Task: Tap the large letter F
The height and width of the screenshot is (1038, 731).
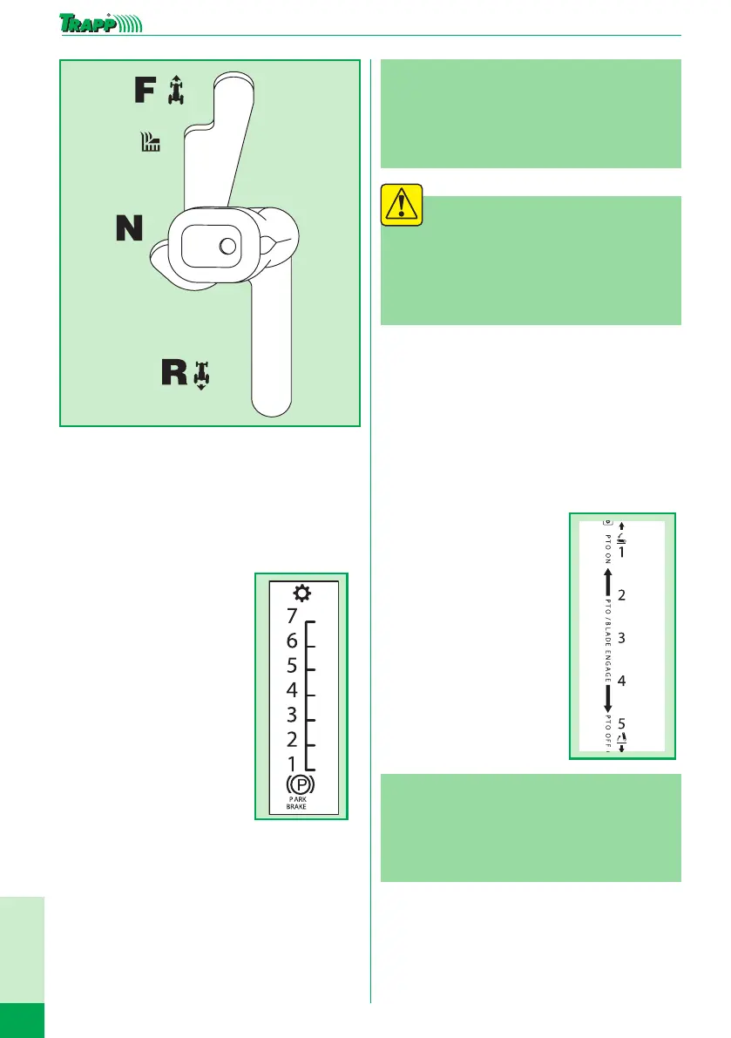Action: (x=146, y=91)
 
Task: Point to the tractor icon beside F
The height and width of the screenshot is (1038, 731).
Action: (x=178, y=91)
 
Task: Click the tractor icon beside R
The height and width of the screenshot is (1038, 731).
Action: (x=202, y=375)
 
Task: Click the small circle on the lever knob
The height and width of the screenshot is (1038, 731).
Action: (x=228, y=247)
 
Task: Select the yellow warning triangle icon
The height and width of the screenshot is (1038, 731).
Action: (x=402, y=206)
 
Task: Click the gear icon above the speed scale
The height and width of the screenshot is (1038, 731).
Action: (x=300, y=594)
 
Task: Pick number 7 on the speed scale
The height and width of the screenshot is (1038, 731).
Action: (x=291, y=616)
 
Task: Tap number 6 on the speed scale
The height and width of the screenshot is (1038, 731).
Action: (x=291, y=641)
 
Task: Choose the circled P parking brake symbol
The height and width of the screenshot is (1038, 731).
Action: (x=299, y=784)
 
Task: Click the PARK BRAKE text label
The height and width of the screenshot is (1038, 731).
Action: (x=298, y=803)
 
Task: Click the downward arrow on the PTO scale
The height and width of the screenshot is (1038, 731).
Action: (x=608, y=697)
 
